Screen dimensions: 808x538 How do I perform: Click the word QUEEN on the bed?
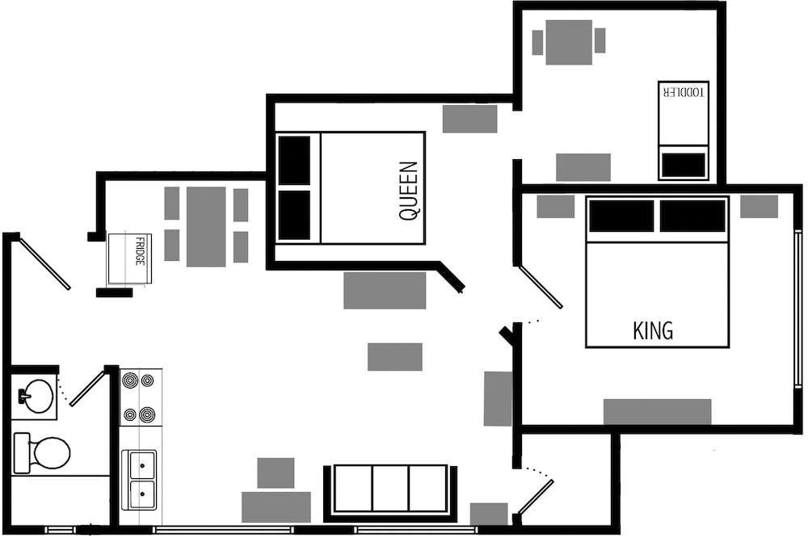tap(409, 191)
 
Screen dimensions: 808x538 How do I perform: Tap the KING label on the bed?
tap(652, 330)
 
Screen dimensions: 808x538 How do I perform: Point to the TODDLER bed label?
tap(684, 92)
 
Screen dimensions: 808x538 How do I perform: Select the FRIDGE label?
tap(140, 251)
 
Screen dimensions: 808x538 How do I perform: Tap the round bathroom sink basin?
tap(39, 396)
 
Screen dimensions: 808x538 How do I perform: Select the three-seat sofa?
tap(390, 493)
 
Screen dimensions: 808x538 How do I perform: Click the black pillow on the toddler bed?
tap(684, 165)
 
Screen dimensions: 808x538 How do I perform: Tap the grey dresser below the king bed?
tap(657, 412)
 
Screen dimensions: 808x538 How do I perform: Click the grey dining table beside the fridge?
tap(206, 227)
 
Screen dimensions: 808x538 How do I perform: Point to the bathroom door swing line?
tap(87, 386)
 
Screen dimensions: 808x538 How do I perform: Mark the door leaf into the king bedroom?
tap(541, 287)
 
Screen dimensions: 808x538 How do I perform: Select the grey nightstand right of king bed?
tap(759, 207)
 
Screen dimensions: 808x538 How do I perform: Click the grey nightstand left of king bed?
tap(556, 207)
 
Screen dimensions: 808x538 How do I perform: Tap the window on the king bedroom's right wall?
tap(797, 307)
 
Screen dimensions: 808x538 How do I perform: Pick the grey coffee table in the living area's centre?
tap(395, 356)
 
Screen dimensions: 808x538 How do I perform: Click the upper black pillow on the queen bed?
tap(294, 160)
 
